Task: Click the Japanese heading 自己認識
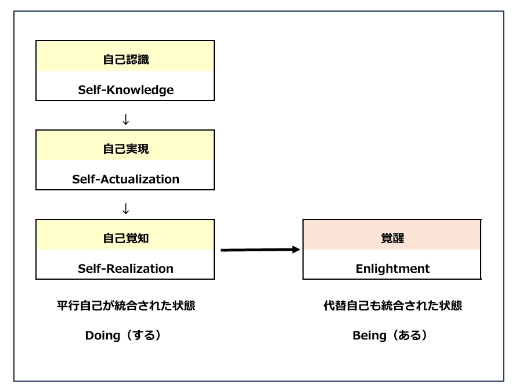[x=126, y=60]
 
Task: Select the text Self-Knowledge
[x=126, y=90]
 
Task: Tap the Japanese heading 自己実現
[x=126, y=149]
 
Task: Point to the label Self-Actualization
[x=126, y=179]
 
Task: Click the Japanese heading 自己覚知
[x=126, y=238]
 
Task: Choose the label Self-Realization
[x=126, y=269]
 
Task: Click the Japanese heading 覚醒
[x=392, y=238]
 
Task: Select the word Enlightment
[x=392, y=269]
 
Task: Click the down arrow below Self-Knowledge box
[x=126, y=119]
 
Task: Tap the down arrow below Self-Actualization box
[x=126, y=209]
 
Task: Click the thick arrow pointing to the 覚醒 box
[x=261, y=250]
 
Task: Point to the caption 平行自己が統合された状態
[x=126, y=305]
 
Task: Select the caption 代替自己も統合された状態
[x=392, y=305]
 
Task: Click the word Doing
[x=103, y=335]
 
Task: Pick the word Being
[x=369, y=335]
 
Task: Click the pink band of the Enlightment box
[x=392, y=235]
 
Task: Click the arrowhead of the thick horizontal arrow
[x=296, y=250]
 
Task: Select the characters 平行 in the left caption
[x=68, y=305]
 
